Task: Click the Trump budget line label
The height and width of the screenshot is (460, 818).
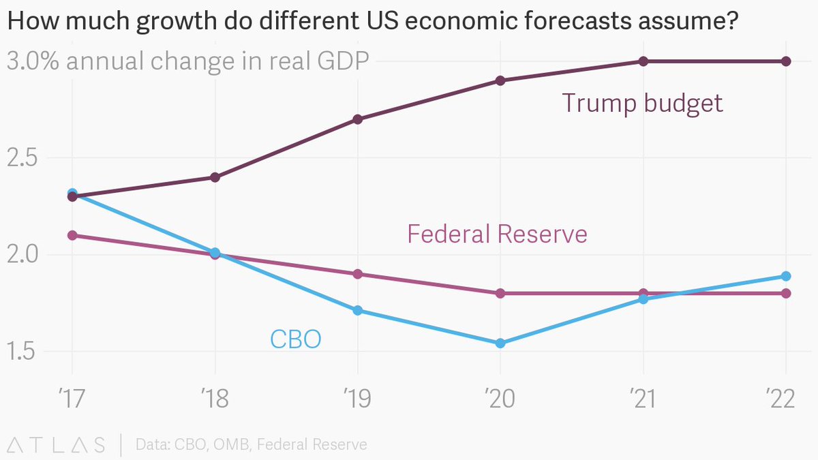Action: pos(642,104)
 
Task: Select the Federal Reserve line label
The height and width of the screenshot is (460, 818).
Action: pos(497,234)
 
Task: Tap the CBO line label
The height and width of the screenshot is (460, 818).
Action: pos(295,339)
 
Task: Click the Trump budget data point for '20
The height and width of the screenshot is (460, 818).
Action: pos(500,80)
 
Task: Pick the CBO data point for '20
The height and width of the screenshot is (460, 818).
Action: pos(500,343)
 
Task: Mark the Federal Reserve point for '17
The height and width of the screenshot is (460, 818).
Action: pos(72,235)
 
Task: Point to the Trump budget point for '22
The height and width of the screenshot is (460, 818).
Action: pos(786,61)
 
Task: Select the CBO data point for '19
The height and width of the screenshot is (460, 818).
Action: pos(358,311)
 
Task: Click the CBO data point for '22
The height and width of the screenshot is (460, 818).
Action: pos(786,276)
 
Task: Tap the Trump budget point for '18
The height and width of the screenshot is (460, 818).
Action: pos(215,177)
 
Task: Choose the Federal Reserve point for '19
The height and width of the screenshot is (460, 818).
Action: pos(358,274)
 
